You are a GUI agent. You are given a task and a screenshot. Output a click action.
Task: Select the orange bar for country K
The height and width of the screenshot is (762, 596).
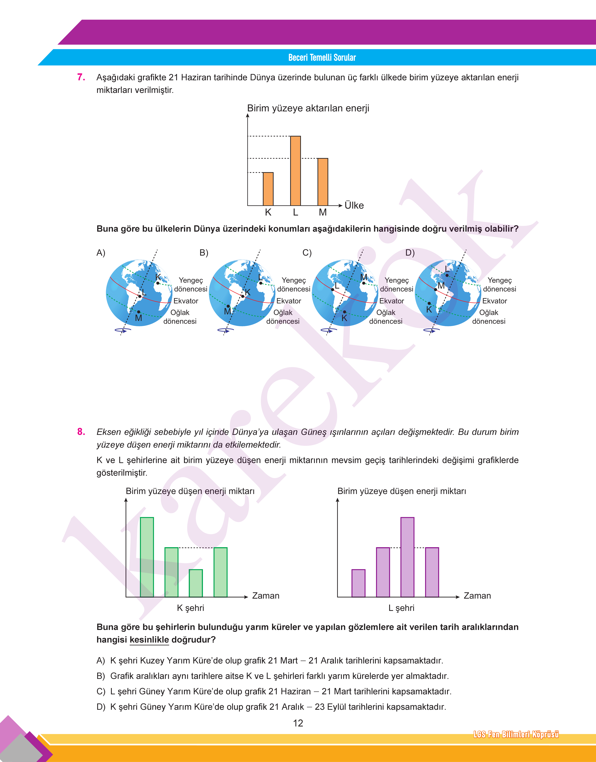(x=268, y=189)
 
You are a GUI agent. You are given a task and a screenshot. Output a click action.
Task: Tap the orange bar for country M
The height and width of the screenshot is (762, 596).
(x=323, y=182)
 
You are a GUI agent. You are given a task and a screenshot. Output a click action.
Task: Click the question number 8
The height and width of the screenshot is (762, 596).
(x=81, y=432)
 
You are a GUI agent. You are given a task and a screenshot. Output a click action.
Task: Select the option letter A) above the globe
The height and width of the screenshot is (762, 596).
(x=101, y=253)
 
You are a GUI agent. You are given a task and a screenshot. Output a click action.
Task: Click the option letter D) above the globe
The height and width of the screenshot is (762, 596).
(x=410, y=253)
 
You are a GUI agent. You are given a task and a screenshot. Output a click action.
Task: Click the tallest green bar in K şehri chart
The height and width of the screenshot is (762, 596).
(x=147, y=557)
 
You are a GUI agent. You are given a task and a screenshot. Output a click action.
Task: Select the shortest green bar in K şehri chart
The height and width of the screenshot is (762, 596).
(x=196, y=583)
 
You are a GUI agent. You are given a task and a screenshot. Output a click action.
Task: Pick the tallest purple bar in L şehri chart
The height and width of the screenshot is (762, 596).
(x=407, y=557)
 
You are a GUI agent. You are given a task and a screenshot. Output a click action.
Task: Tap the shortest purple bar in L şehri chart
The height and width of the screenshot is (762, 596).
(x=358, y=583)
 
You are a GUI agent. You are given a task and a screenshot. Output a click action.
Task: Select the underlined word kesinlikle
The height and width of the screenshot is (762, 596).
(x=149, y=640)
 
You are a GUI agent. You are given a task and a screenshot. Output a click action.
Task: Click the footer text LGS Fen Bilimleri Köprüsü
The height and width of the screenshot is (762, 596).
(x=516, y=734)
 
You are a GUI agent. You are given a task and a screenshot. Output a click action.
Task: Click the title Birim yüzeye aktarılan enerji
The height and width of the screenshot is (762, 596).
(x=308, y=108)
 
